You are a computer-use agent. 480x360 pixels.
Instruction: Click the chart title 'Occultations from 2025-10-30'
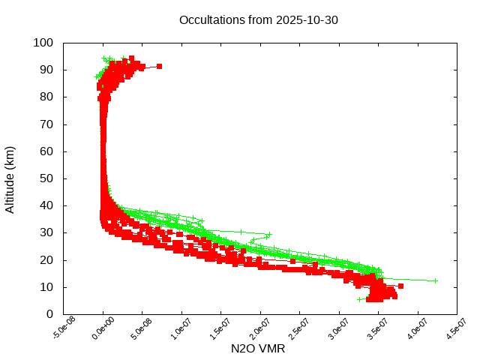click(x=259, y=19)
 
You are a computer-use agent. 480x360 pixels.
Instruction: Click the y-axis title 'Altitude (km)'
click(x=10, y=178)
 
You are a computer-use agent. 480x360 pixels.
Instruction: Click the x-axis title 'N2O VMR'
click(x=259, y=349)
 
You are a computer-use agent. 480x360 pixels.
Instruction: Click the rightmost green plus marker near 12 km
click(x=434, y=280)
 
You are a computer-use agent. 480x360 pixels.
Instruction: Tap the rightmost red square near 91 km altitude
click(x=159, y=67)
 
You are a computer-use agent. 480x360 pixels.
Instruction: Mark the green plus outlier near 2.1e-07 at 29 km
click(x=268, y=234)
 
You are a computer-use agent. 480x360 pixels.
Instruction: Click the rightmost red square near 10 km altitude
click(x=400, y=286)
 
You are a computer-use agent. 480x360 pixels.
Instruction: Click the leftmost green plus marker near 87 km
click(x=96, y=76)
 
